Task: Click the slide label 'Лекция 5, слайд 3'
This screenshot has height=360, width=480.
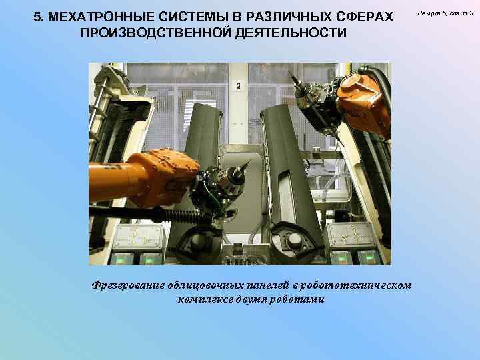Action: [445, 13]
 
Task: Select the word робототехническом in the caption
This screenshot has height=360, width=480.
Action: [356, 285]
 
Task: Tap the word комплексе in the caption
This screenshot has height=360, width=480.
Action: [205, 299]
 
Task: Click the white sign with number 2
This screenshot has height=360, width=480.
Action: [239, 86]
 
